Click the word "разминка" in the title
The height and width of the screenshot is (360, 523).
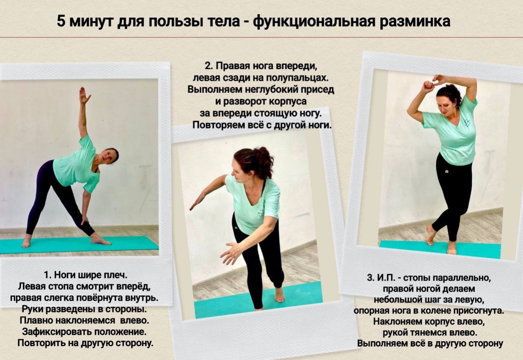coord(415,22)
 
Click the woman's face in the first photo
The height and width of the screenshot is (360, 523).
coord(107,156)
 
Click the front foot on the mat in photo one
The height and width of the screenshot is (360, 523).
coord(101,240)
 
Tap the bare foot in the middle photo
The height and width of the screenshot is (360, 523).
coord(279,295)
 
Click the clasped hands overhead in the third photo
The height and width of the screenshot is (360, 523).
coord(435,83)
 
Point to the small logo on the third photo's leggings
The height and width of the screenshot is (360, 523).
coord(447,172)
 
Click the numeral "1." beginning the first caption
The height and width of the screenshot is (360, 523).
coord(47,275)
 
